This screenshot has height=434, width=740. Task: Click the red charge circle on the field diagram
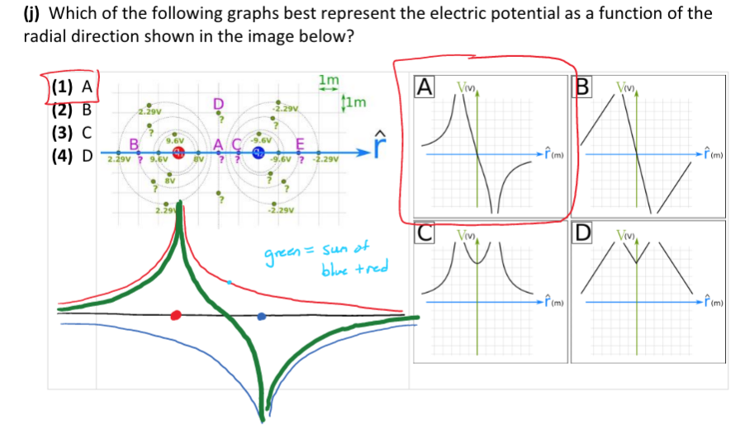point(177,153)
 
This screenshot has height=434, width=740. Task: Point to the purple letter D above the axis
point(218,103)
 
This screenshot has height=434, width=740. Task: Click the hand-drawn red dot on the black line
point(175,314)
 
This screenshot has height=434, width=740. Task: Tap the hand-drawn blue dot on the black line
point(262,314)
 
